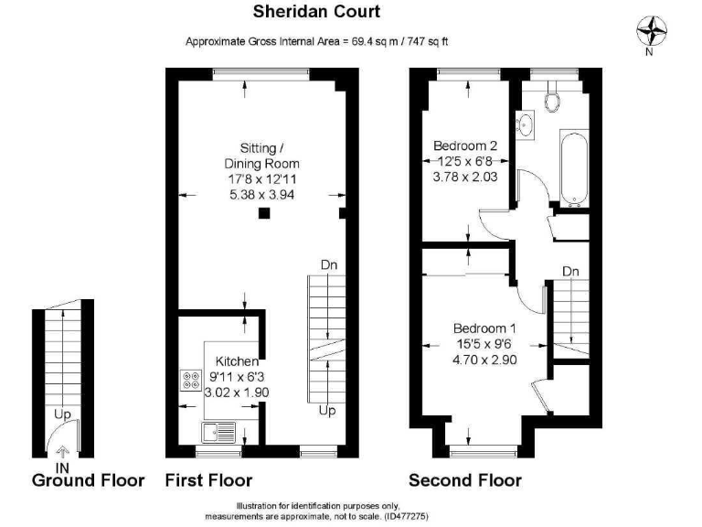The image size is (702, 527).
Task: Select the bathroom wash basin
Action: tap(526, 124)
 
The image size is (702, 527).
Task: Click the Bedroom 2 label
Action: tap(465, 145)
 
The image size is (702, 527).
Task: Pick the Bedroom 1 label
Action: tap(486, 328)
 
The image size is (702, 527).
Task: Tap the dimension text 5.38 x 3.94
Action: tap(263, 195)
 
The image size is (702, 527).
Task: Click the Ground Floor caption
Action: tap(88, 480)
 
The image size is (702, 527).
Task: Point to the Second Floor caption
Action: tap(464, 480)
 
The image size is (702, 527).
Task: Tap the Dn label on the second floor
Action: tap(570, 272)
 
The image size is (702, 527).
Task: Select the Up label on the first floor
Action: tap(326, 411)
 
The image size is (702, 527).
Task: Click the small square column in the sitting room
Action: tap(263, 214)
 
